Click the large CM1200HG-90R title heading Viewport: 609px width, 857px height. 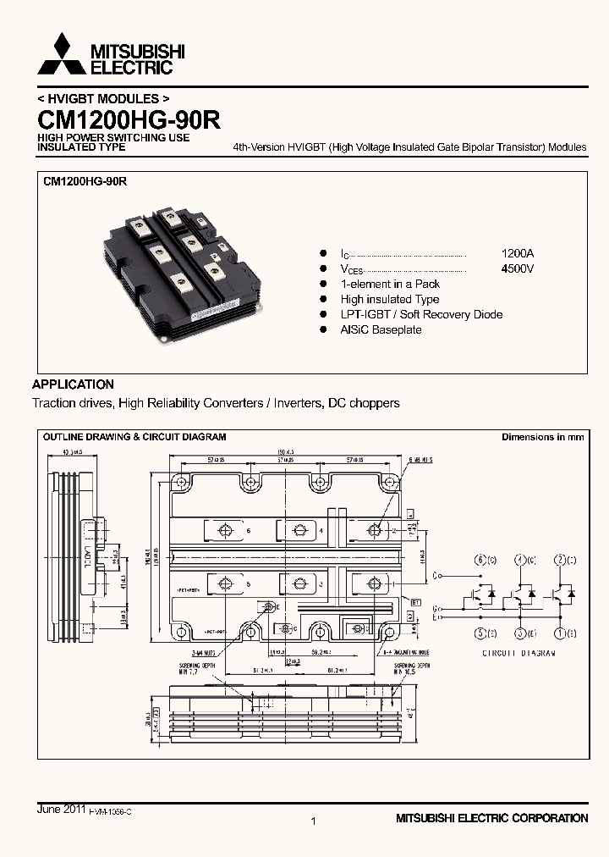[128, 119]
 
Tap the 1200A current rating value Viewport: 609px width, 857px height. [518, 253]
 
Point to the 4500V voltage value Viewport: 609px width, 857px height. [518, 268]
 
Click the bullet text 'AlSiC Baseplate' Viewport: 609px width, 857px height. [381, 329]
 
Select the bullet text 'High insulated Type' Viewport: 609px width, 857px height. [390, 299]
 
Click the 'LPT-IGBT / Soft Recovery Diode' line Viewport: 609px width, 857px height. [421, 314]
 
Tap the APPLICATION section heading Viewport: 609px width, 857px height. [74, 384]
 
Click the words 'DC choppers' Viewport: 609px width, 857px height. [365, 403]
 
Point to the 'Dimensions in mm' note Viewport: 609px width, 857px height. [542, 437]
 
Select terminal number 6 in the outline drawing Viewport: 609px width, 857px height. [249, 531]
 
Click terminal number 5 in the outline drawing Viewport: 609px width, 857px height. [249, 584]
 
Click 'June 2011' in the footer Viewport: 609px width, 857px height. [60, 810]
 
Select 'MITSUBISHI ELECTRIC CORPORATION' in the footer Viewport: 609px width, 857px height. [491, 818]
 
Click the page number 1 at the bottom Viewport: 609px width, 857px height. [313, 821]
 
